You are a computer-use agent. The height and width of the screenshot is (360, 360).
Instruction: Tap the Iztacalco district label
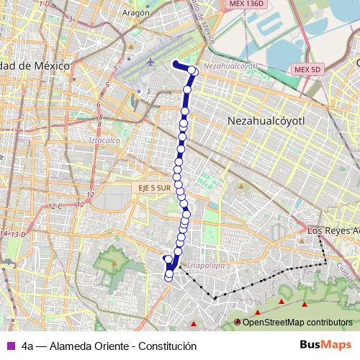(104, 140)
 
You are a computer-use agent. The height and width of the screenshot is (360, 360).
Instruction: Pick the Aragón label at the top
(135, 13)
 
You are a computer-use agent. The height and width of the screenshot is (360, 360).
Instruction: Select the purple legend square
(9, 346)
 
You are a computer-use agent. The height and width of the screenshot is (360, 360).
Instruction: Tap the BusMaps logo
(326, 345)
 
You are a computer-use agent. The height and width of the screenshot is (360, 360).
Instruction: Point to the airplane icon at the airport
(150, 62)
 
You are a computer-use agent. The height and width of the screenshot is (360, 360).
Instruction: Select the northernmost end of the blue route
(175, 63)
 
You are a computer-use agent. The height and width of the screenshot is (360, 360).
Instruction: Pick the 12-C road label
(56, 207)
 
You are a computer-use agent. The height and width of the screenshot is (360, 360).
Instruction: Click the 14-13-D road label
(13, 235)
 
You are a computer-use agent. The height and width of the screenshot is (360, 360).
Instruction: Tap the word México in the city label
(50, 66)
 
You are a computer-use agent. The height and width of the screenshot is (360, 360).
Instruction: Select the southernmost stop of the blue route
(168, 276)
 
